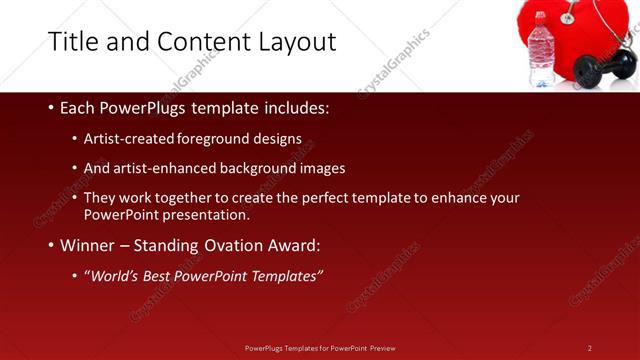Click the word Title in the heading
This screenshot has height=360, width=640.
click(x=74, y=41)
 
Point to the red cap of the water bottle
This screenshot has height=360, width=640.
click(x=541, y=17)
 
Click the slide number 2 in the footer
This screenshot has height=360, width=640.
click(x=590, y=348)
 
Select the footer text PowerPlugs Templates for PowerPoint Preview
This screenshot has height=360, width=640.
click(x=320, y=348)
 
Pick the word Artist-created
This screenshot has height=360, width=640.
click(x=128, y=139)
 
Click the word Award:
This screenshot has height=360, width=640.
click(x=298, y=245)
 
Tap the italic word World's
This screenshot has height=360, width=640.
click(x=114, y=276)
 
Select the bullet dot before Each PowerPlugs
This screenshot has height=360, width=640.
click(x=51, y=108)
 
